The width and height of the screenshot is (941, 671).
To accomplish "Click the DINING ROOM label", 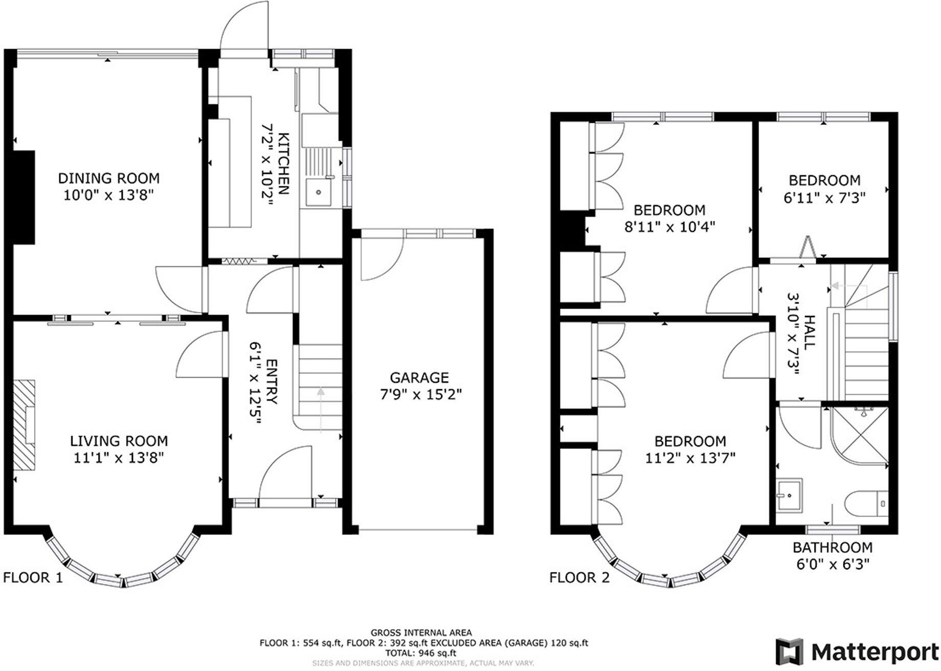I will click(x=108, y=178).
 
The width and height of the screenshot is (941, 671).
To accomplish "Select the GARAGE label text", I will click(x=419, y=377).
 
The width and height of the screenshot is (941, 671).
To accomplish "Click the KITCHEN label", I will click(x=284, y=163).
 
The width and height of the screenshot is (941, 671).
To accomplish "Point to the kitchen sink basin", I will click(x=319, y=192).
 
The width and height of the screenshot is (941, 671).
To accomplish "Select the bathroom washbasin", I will click(x=789, y=495).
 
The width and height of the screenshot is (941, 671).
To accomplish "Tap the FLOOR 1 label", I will click(x=33, y=578).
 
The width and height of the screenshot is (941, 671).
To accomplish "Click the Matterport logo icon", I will click(x=790, y=652).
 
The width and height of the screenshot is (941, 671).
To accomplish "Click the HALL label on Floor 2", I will click(x=810, y=332).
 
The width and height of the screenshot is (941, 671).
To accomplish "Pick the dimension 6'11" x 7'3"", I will click(x=824, y=197).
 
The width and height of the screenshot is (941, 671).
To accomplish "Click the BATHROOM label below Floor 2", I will click(x=832, y=547).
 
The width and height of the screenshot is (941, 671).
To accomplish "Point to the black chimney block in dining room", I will click(x=24, y=197).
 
